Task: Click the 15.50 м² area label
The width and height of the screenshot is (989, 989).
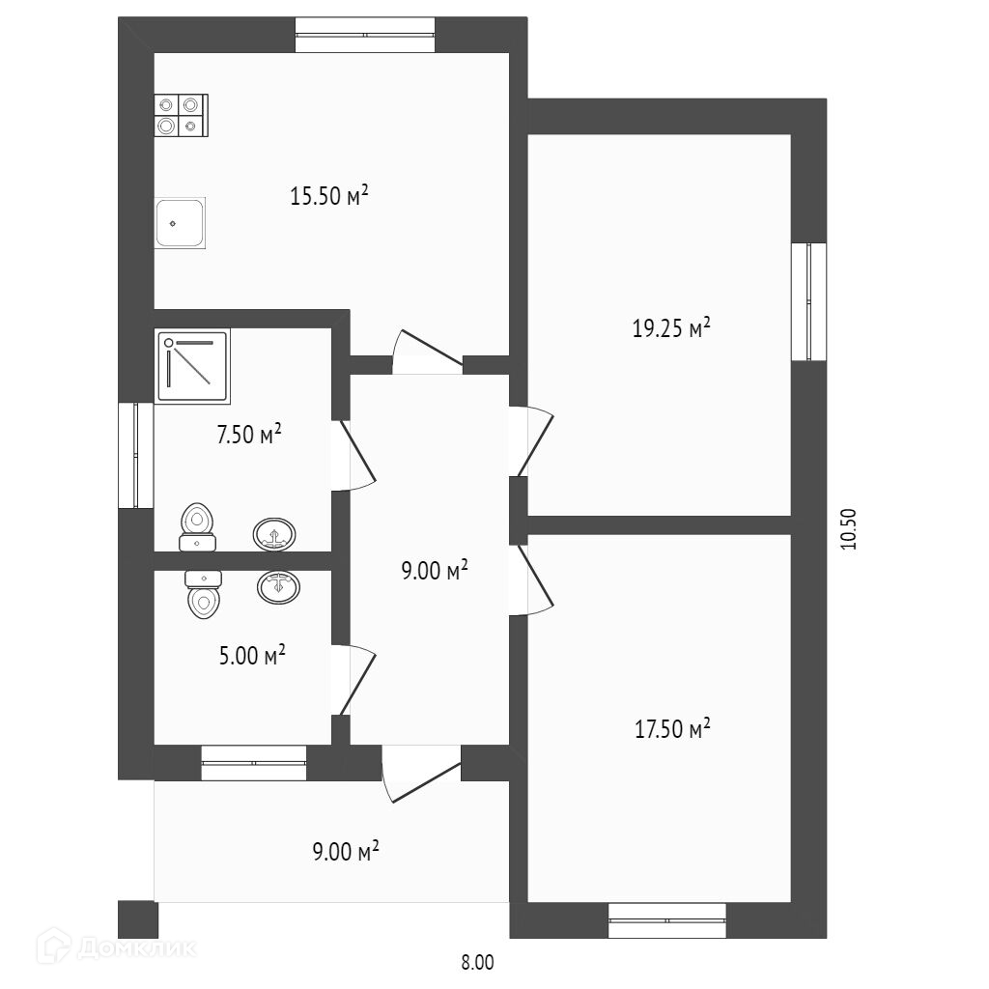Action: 328,195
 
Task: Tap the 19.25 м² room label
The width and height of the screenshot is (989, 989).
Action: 671,328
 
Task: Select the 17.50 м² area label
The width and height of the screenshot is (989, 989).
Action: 672,728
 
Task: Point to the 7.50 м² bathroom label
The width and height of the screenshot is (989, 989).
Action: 248,434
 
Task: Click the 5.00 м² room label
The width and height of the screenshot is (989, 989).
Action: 252,655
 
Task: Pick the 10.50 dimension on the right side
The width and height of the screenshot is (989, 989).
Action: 849,528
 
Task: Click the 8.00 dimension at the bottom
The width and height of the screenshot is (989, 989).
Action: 477,963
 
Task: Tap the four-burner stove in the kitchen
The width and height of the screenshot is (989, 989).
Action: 181,116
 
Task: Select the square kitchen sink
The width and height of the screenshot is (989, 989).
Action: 180,223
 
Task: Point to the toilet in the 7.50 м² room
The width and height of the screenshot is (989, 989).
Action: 197,527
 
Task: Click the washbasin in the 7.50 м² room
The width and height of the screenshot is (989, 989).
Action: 273,534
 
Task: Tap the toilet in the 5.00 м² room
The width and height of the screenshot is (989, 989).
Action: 203,594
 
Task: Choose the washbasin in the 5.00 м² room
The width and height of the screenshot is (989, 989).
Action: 278,587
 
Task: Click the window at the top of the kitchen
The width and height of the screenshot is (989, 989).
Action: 365,35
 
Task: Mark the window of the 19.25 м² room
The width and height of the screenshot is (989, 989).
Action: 808,301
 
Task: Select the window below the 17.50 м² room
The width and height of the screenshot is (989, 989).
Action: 667,920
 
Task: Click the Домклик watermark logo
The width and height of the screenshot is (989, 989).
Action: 116,947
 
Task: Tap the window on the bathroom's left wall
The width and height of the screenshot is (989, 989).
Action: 135,456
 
